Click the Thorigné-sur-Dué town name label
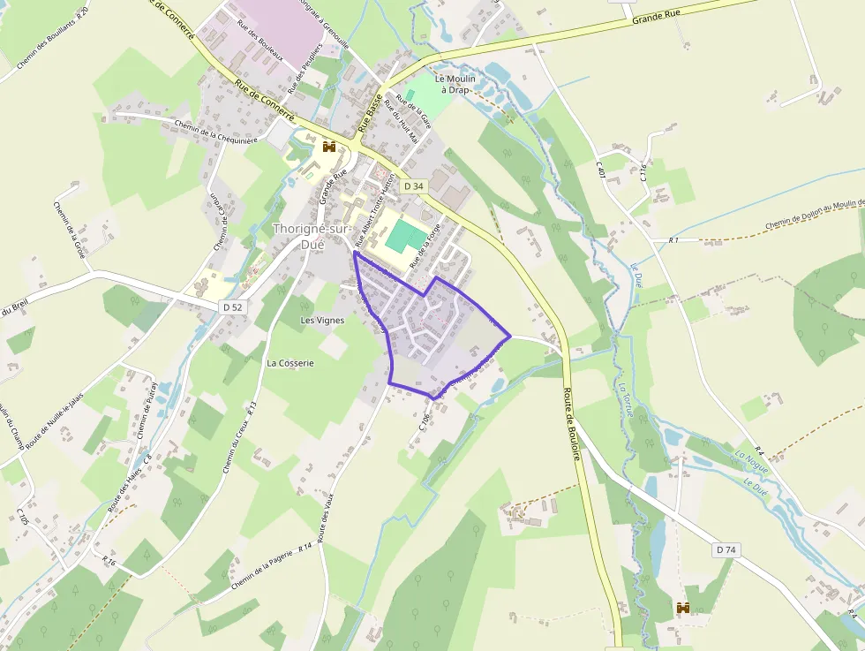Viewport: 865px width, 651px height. [310, 235]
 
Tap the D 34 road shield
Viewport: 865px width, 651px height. [414, 186]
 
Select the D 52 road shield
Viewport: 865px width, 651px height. [231, 305]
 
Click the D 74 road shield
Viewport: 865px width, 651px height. [726, 549]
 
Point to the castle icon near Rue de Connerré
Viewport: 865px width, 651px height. [330, 147]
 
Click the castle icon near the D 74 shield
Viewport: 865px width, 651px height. [682, 608]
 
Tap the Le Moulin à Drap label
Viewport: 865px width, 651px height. [455, 84]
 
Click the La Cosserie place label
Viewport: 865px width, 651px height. [290, 362]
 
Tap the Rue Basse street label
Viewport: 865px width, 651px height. [371, 112]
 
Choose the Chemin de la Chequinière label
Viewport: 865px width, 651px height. [215, 131]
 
